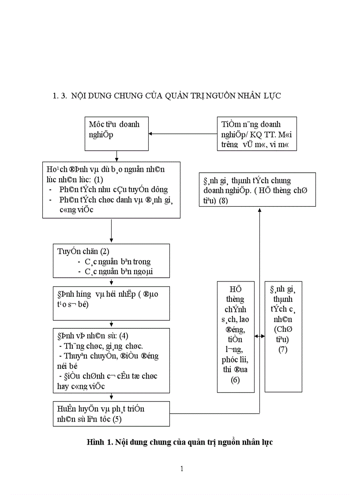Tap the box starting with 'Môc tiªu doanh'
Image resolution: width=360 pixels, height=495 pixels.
(x=116, y=134)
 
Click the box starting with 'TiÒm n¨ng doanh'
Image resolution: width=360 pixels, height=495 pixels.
(x=257, y=134)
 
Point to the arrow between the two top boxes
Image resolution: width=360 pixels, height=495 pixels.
(x=183, y=134)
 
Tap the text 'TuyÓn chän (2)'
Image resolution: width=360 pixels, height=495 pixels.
(x=83, y=251)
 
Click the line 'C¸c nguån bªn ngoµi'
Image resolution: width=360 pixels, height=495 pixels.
(x=119, y=272)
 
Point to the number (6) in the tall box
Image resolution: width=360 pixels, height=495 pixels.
(x=235, y=380)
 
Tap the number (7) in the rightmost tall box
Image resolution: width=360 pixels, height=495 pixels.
(x=283, y=350)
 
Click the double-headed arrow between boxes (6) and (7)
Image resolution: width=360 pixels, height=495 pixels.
(x=259, y=336)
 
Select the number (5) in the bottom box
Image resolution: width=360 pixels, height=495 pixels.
(x=116, y=419)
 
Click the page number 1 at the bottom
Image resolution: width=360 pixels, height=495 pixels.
(x=182, y=469)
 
